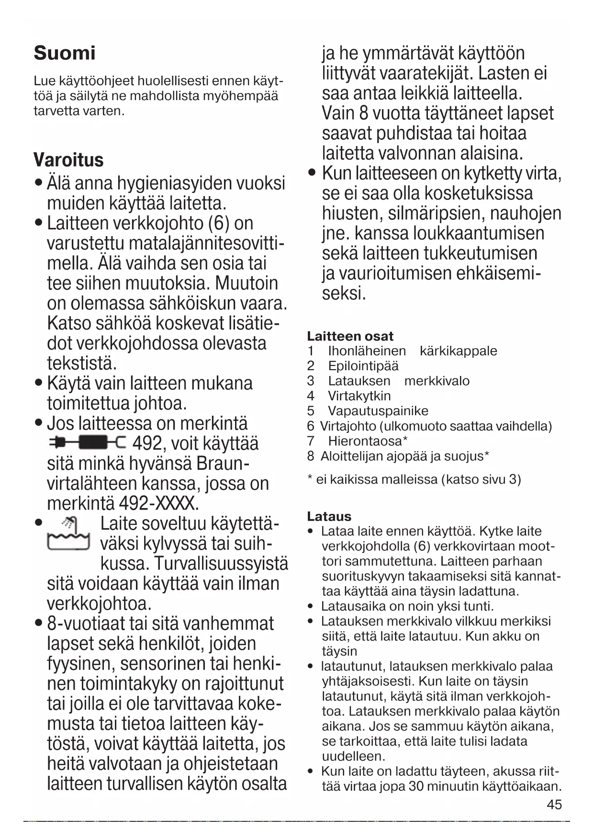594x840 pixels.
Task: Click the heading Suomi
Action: click(x=65, y=53)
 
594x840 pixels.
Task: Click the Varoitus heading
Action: click(x=68, y=160)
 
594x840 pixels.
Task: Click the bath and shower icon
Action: click(x=68, y=534)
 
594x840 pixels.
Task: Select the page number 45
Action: click(x=554, y=805)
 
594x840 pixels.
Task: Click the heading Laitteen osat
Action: click(x=350, y=336)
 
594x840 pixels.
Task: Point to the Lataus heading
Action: click(x=329, y=516)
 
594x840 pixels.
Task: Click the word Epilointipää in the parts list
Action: click(x=363, y=366)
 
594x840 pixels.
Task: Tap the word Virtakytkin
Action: click(x=359, y=396)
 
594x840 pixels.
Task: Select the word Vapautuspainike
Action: click(x=378, y=411)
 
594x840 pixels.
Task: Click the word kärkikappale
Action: click(x=458, y=351)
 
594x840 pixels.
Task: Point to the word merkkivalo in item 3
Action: click(x=437, y=381)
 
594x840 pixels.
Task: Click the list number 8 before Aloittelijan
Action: click(x=311, y=456)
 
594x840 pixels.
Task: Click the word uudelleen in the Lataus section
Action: click(x=353, y=756)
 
